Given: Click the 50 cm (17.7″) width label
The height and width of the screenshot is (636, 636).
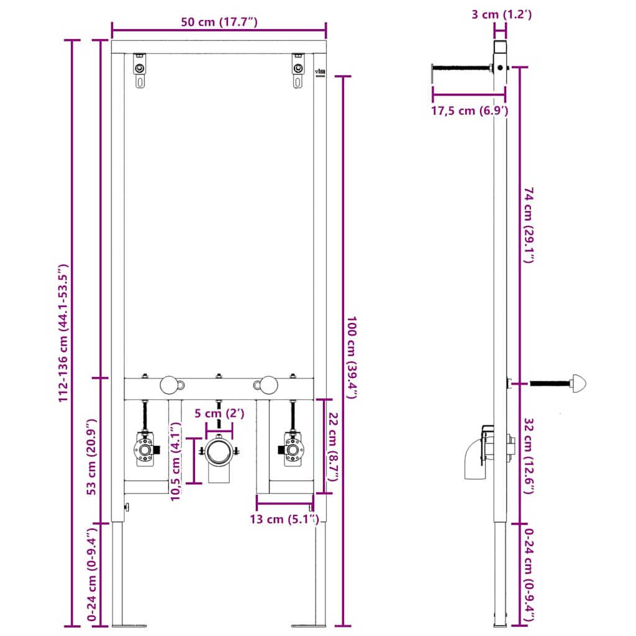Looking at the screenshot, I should click(219, 22).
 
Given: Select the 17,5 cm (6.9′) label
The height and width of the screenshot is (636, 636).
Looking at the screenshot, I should click(470, 111).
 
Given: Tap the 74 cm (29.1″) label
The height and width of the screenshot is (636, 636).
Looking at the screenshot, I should click(528, 227).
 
